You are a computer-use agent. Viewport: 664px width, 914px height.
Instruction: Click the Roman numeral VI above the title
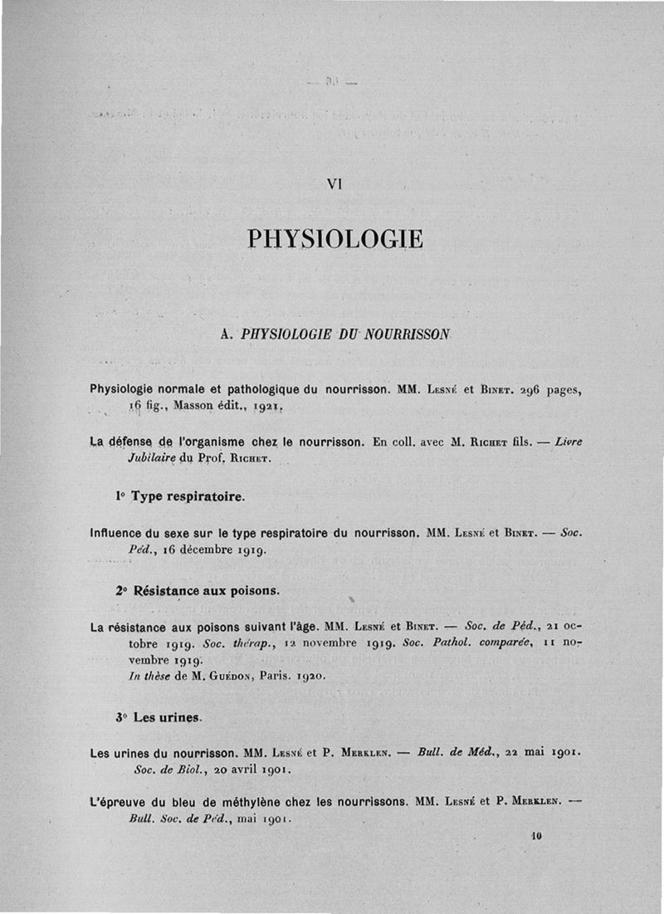334,185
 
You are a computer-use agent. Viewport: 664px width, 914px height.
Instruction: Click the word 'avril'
237,770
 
